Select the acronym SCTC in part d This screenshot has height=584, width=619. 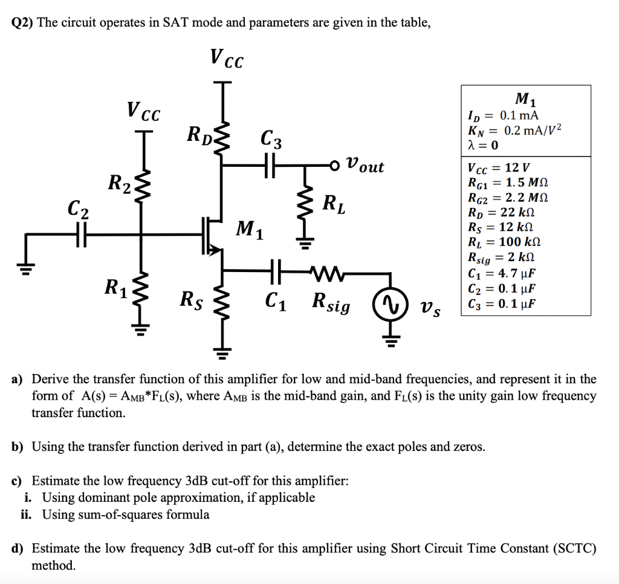[x=568, y=548]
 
